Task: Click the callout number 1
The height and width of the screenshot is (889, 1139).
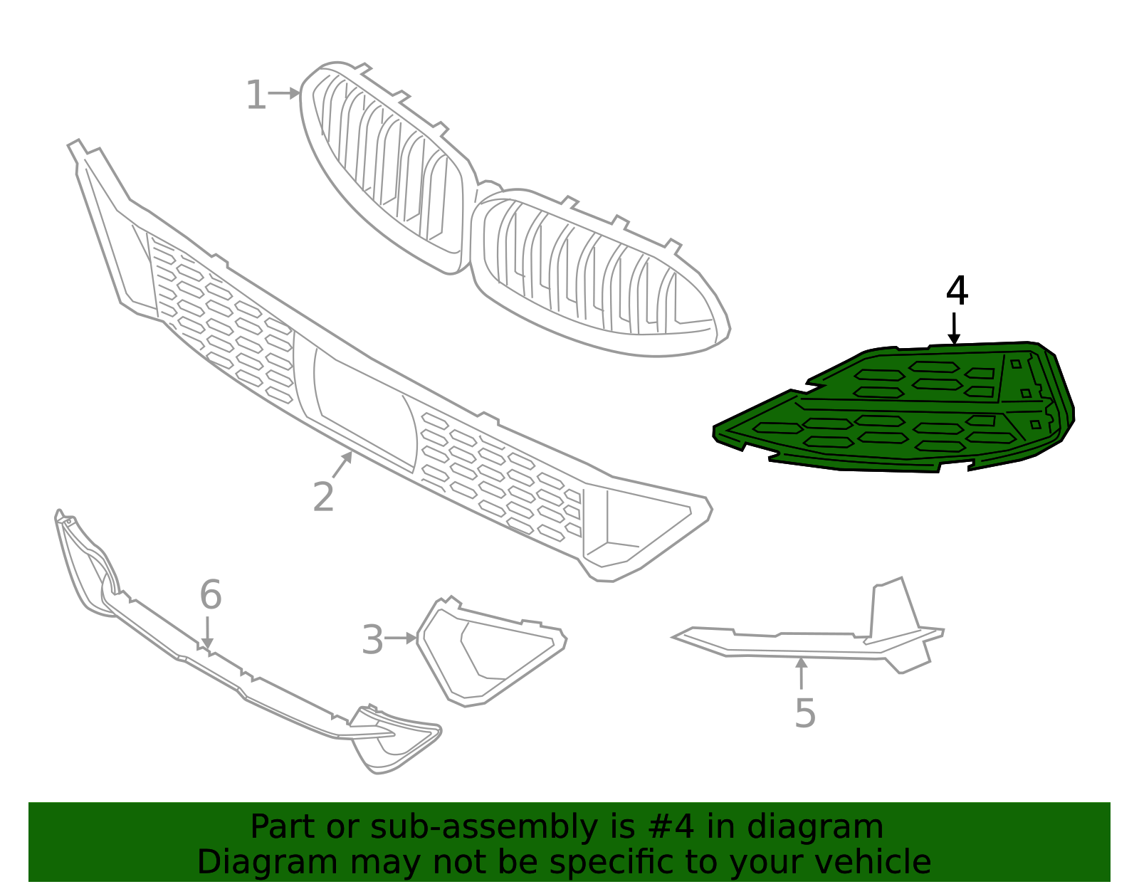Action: [x=256, y=96]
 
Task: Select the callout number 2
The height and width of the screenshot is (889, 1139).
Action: [x=323, y=497]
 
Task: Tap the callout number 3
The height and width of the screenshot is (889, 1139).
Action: [x=372, y=640]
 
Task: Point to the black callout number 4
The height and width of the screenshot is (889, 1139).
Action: [x=957, y=292]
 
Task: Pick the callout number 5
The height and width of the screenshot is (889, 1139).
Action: [x=804, y=713]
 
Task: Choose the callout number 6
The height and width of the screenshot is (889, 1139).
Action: [x=210, y=595]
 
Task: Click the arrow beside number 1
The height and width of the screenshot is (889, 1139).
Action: [x=285, y=93]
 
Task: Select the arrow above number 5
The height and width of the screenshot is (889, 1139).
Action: [x=802, y=673]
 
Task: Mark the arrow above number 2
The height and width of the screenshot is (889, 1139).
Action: [x=343, y=464]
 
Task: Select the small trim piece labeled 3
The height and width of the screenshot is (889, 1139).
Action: [x=491, y=651]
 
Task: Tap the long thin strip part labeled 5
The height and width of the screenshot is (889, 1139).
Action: [x=804, y=644]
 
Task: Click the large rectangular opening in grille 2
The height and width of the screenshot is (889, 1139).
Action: [x=363, y=406]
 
